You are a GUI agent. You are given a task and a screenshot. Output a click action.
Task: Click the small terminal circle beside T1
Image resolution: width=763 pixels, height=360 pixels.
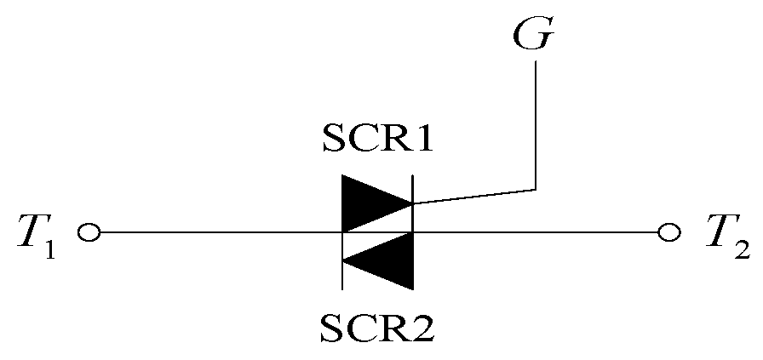(89, 231)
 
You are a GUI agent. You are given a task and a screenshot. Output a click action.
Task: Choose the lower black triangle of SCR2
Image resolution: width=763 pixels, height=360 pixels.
(390, 260)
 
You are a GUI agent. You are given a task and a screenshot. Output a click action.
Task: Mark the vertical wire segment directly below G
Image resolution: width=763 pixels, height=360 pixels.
(536, 128)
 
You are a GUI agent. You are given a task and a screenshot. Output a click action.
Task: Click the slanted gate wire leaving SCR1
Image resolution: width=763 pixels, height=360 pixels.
(473, 196)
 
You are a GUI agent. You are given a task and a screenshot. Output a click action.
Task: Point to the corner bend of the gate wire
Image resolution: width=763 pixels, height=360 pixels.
(536, 188)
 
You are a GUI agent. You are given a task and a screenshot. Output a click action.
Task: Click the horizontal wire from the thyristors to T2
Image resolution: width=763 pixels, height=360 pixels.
(536, 231)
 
